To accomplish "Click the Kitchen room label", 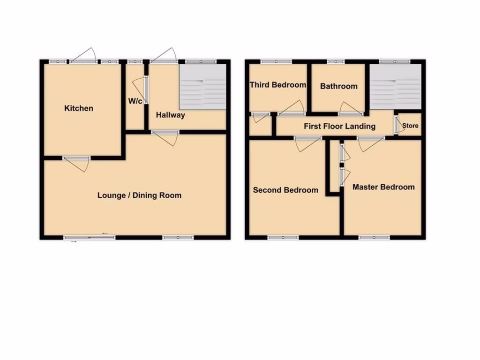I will (x=79, y=108).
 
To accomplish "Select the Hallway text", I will (x=171, y=115).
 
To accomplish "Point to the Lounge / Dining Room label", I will (x=139, y=195).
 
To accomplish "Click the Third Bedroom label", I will (x=278, y=85).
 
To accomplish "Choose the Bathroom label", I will (x=338, y=86).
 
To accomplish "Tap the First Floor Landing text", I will (x=339, y=126).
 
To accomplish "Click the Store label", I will (x=410, y=126).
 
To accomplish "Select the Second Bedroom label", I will (x=285, y=190).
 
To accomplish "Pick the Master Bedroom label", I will (x=383, y=187).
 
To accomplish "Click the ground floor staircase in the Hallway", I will (x=202, y=87).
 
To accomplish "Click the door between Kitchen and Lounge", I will (x=76, y=161).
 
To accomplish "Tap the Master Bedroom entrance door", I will (x=371, y=142).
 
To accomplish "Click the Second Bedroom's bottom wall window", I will (x=283, y=238).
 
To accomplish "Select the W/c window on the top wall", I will (x=135, y=61).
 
